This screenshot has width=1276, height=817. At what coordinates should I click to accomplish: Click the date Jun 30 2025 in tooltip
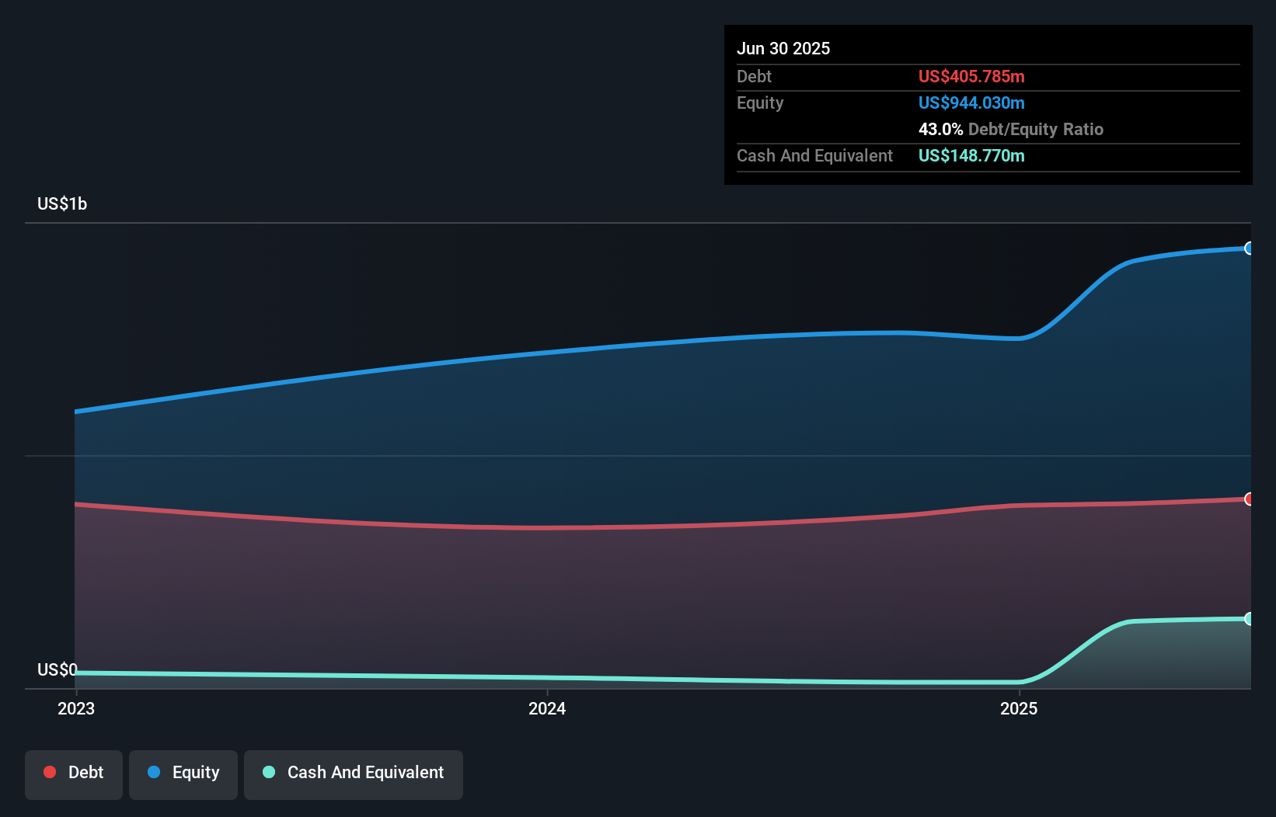[x=783, y=48]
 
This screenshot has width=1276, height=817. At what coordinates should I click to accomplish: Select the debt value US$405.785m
[x=971, y=76]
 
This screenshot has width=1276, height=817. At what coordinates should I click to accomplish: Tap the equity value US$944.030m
[x=971, y=103]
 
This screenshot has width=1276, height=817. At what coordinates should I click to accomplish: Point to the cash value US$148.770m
[x=971, y=155]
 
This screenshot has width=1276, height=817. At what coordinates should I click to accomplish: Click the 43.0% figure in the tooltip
[x=940, y=129]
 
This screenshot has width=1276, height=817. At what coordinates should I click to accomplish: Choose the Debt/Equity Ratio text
[x=1035, y=129]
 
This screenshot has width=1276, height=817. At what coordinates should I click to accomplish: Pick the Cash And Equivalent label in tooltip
[x=814, y=155]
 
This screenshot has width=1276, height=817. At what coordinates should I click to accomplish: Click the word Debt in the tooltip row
[x=754, y=76]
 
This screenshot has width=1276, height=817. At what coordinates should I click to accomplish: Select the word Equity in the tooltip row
[x=760, y=103]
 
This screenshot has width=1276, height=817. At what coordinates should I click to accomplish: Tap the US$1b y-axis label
[x=62, y=203]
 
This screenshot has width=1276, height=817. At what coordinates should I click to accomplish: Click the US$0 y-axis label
[x=57, y=669]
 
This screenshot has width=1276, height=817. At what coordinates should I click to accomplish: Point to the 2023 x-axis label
[x=76, y=708]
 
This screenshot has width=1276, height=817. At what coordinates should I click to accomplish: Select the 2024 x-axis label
[x=547, y=708]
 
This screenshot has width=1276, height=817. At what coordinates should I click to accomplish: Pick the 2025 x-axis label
[x=1019, y=708]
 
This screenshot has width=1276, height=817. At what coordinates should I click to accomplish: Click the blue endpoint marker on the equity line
[x=1249, y=249]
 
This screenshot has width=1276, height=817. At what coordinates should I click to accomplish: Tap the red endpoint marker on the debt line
[x=1249, y=499]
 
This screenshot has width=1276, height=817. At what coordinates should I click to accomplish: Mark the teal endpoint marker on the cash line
[x=1249, y=619]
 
